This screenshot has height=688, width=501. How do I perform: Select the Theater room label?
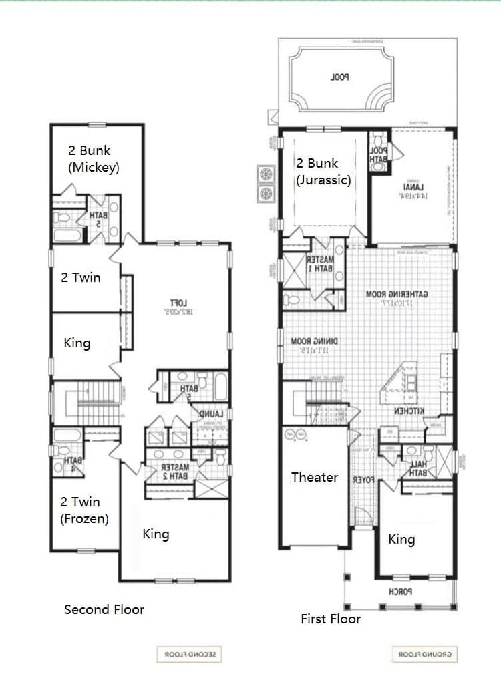(314, 477)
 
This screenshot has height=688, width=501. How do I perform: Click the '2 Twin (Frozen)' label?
(84, 510)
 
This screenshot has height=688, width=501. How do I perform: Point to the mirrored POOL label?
(339, 77)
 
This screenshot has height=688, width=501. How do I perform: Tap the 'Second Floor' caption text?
(104, 609)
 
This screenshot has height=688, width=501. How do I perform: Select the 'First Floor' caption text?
(330, 619)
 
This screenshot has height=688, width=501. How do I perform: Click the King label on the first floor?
(401, 539)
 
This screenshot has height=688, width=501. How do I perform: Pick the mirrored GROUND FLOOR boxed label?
(425, 655)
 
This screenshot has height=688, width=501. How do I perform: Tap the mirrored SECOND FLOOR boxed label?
(188, 655)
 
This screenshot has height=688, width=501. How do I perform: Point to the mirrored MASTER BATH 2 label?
(175, 472)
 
